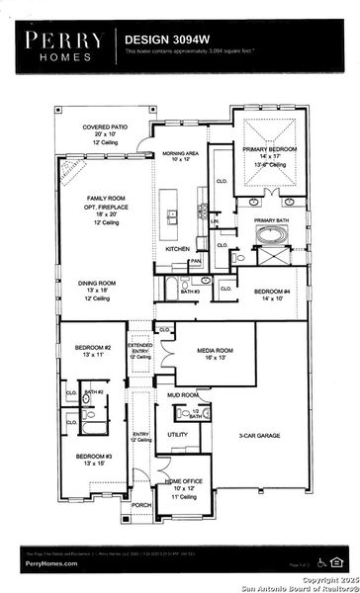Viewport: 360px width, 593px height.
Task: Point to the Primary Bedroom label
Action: (268, 149)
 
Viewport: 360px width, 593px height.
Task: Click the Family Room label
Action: (103, 198)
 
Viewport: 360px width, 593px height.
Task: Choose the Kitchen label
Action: (177, 249)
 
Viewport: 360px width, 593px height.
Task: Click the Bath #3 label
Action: (190, 292)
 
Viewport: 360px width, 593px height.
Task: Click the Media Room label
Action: (212, 350)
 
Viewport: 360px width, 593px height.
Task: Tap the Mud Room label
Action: (182, 394)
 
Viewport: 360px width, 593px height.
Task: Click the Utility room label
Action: (178, 434)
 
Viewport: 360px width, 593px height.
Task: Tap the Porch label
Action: (141, 504)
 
